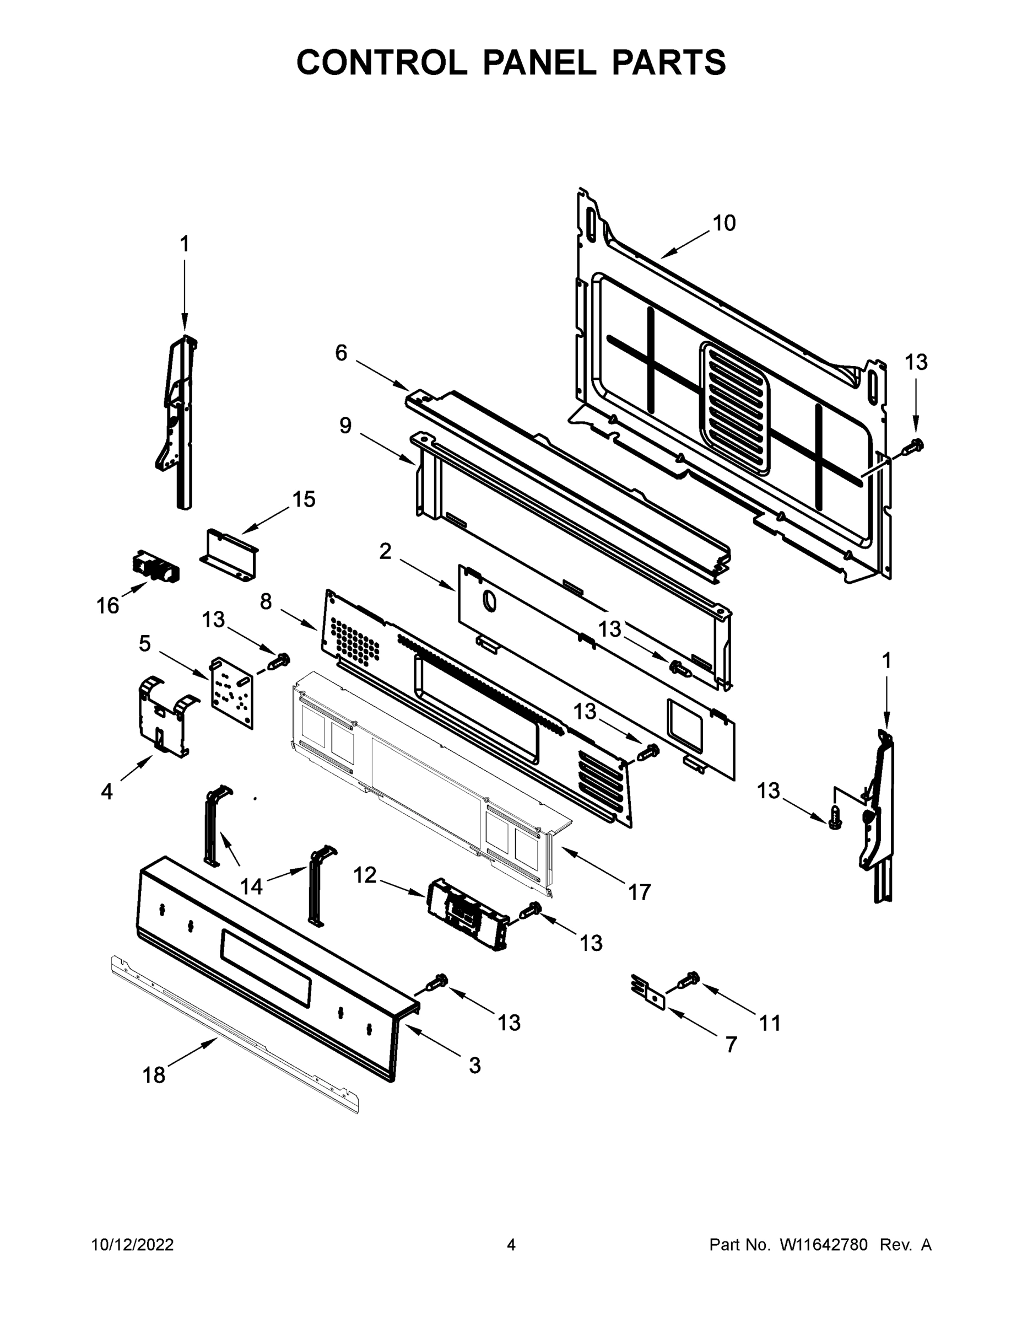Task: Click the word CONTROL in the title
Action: pyautogui.click(x=381, y=62)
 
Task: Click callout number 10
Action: pyautogui.click(x=723, y=223)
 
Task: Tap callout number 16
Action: pyautogui.click(x=108, y=605)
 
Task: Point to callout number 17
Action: pyautogui.click(x=639, y=892)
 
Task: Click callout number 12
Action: pyautogui.click(x=365, y=875)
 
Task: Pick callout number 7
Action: pyautogui.click(x=731, y=1045)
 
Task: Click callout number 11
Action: pyautogui.click(x=770, y=1023)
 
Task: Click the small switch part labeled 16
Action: pyautogui.click(x=155, y=566)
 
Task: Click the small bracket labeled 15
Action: pyautogui.click(x=229, y=554)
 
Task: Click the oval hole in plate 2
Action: pyautogui.click(x=489, y=601)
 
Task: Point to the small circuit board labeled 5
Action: pyautogui.click(x=232, y=692)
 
